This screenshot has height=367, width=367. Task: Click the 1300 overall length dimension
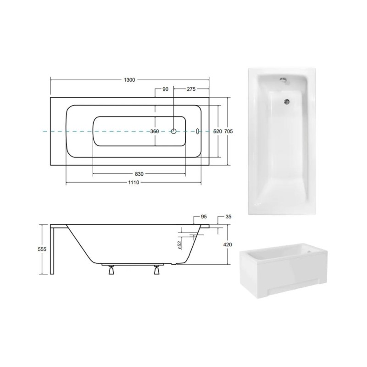[129, 80]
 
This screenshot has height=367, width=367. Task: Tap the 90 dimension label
[166, 89]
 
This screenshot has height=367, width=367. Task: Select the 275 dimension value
[191, 89]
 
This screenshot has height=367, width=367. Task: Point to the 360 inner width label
[155, 132]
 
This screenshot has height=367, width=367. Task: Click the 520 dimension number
[217, 132]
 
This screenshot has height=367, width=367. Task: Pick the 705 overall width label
[228, 132]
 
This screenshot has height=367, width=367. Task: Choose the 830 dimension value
[139, 174]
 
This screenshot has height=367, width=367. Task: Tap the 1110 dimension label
[133, 182]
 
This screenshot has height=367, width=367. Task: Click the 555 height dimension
[42, 249]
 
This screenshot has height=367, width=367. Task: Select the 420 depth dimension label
[228, 245]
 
